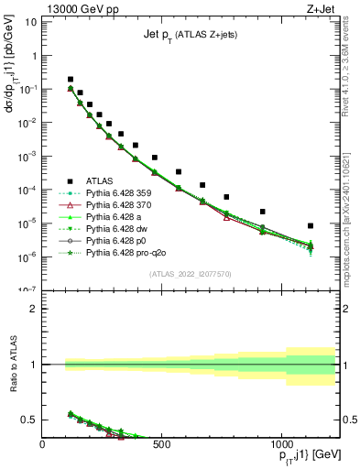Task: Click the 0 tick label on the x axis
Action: [x=43, y=445]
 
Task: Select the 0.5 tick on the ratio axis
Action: [x=28, y=420]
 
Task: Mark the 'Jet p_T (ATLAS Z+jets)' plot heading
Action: [x=189, y=35]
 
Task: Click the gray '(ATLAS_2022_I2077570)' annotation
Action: [x=189, y=273]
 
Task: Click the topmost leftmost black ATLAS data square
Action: [x=71, y=80]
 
